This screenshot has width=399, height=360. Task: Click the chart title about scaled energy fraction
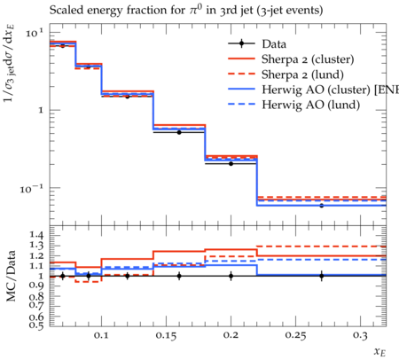pos(186,10)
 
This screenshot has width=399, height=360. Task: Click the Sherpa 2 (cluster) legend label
pos(308,59)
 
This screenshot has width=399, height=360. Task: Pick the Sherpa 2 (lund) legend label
pos(302,74)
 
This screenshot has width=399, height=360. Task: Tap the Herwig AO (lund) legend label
pos(310,105)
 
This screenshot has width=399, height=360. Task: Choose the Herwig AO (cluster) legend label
pos(330,90)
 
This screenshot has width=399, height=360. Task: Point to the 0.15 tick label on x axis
pos(167,335)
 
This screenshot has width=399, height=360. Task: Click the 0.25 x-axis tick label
pos(295,335)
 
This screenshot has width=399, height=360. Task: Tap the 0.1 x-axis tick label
pos(102,335)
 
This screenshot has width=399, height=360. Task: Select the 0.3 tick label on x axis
pos(360,335)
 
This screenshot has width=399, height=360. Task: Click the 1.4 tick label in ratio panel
pos(36,235)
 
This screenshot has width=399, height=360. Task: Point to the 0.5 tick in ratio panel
pos(36,325)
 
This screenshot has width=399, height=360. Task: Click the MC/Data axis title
pos(11,276)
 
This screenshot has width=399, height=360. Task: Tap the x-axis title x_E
pos(379,352)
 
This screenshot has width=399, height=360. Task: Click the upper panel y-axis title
pos(10,64)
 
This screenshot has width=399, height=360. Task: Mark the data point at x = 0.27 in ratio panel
pos(322,276)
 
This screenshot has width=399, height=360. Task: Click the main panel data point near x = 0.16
pos(179,132)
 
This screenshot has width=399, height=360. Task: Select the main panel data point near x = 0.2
pos(231,163)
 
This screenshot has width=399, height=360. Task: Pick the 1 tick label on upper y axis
pos(41,111)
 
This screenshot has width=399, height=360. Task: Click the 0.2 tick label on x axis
pos(231,335)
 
